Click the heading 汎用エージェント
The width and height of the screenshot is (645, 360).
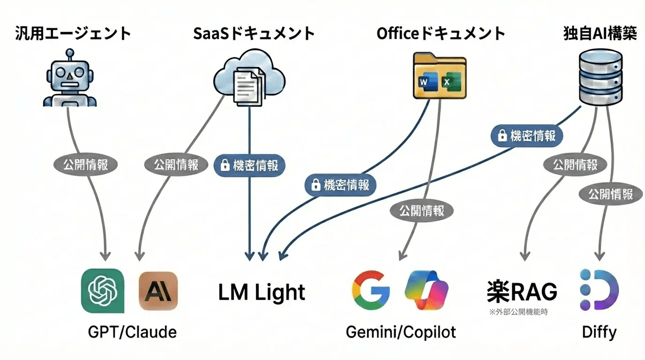click(x=73, y=34)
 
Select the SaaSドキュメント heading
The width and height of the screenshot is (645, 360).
click(x=254, y=34)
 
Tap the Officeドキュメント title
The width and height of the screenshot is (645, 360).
click(x=441, y=34)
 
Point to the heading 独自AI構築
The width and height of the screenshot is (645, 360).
click(x=600, y=34)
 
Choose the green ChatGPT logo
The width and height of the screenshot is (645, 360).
click(x=103, y=291)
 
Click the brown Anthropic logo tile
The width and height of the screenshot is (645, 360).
click(x=158, y=291)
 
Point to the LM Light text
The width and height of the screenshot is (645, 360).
click(x=262, y=292)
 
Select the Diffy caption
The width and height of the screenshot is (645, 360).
click(x=599, y=332)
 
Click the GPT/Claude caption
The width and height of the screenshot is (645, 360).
click(x=132, y=332)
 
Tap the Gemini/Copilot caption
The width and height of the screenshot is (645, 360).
click(x=401, y=332)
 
